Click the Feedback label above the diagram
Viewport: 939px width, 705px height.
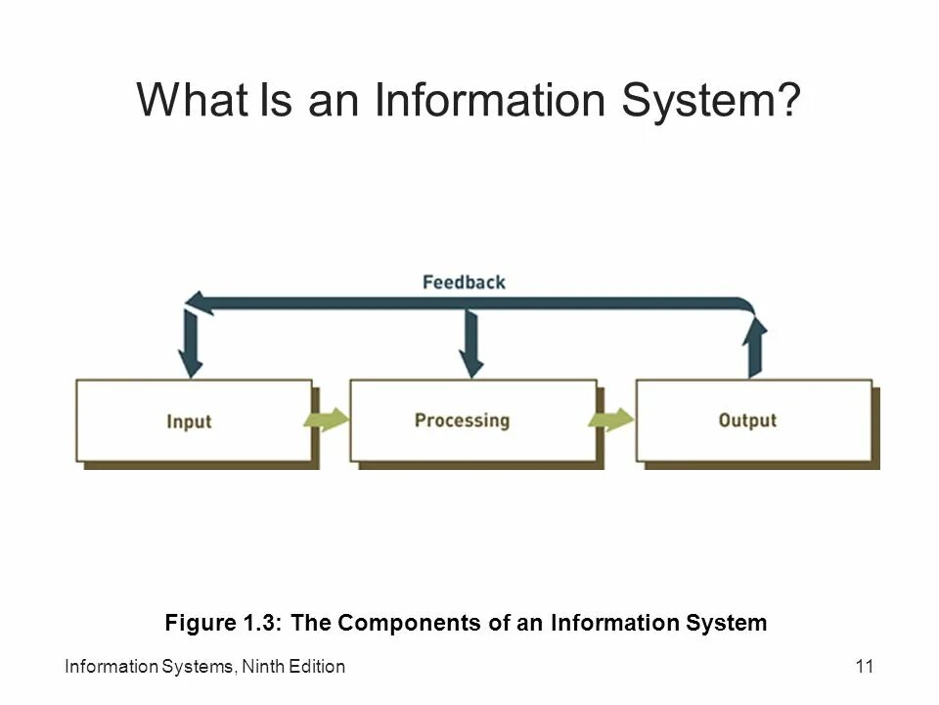point(464,282)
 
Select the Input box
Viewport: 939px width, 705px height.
point(194,421)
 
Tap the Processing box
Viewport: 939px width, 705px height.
point(473,421)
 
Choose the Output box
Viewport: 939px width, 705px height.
point(754,421)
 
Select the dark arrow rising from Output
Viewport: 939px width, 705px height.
point(754,348)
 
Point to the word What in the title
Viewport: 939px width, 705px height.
point(192,101)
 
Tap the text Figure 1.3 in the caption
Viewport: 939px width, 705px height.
point(223,623)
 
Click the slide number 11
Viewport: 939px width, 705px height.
point(864,667)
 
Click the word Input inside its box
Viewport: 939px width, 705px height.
point(189,422)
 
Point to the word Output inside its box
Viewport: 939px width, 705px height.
point(747,421)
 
